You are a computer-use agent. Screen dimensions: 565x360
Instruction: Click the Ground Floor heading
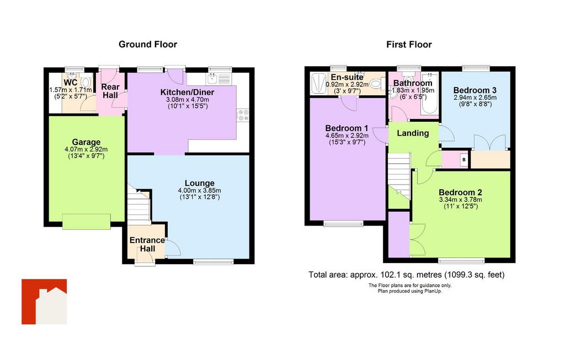point(148,44)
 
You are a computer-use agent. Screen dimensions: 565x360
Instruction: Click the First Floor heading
point(409,44)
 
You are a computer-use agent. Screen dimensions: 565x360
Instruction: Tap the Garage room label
point(86,142)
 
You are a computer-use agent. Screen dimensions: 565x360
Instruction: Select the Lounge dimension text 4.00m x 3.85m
point(200,190)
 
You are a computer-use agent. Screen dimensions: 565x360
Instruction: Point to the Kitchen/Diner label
point(188,93)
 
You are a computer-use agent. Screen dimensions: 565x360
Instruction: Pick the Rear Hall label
point(110,91)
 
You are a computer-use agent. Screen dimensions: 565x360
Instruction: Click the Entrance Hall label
point(147,244)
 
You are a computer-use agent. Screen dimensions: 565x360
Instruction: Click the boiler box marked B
point(464,159)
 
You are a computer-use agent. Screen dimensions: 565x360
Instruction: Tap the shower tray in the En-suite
point(318,84)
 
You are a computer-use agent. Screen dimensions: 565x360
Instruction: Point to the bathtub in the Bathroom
point(429,93)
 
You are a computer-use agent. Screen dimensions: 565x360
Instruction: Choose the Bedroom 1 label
point(347,128)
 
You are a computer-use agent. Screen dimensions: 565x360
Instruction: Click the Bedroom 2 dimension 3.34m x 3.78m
point(461,200)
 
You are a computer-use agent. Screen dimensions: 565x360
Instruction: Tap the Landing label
point(413,133)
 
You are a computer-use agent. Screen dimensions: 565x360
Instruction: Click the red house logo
point(44,302)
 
